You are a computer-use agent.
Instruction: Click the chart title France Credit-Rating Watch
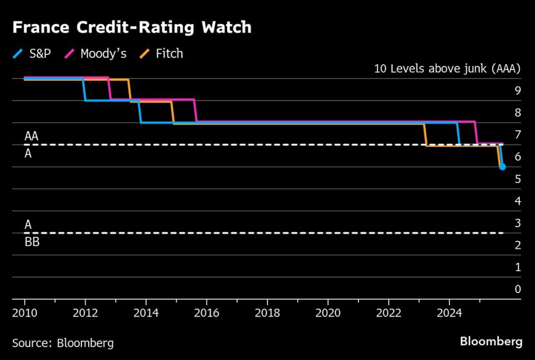coord(132,28)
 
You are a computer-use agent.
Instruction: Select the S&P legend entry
coord(32,53)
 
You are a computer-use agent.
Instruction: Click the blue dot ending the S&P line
coord(502,167)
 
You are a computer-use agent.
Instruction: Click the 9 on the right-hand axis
coord(517,90)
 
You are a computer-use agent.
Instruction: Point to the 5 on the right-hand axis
coord(517,179)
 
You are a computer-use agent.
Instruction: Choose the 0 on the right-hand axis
coord(517,289)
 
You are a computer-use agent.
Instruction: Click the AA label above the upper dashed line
coord(31,136)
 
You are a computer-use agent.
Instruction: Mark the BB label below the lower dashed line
coord(32,242)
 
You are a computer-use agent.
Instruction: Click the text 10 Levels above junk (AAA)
coord(448,68)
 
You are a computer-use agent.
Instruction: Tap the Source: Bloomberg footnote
coord(63,343)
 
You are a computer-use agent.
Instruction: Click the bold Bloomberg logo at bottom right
coord(491,342)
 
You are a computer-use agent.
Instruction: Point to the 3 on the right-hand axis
coord(517,223)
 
